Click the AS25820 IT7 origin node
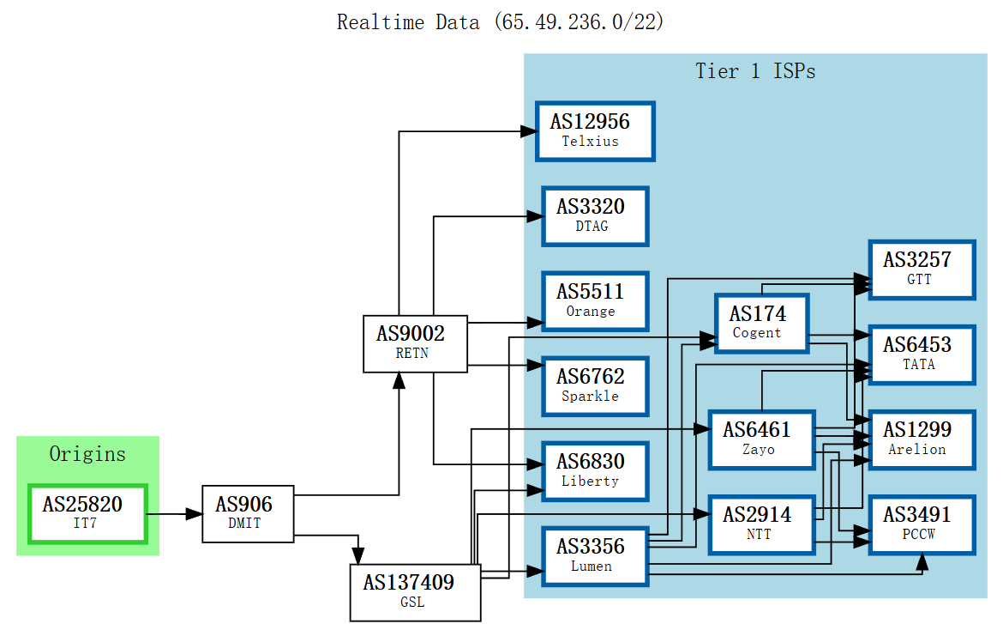pos(87,513)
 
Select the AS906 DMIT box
pos(248,513)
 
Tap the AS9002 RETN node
pos(415,342)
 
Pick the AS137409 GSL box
pos(415,591)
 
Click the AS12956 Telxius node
pos(595,130)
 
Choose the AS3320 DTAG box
pos(595,215)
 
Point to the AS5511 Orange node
pos(595,300)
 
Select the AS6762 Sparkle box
pos(595,385)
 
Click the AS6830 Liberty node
pos(595,470)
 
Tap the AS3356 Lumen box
pos(595,555)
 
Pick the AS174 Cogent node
pos(761,322)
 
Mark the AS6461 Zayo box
pos(761,439)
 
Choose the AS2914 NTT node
pos(761,524)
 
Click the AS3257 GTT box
pos(922,269)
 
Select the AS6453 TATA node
pos(922,354)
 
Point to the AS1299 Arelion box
pos(922,439)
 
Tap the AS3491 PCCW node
pos(922,524)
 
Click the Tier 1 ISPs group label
pos(754,71)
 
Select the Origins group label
pos(87,453)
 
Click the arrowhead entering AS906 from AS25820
pos(194,514)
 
